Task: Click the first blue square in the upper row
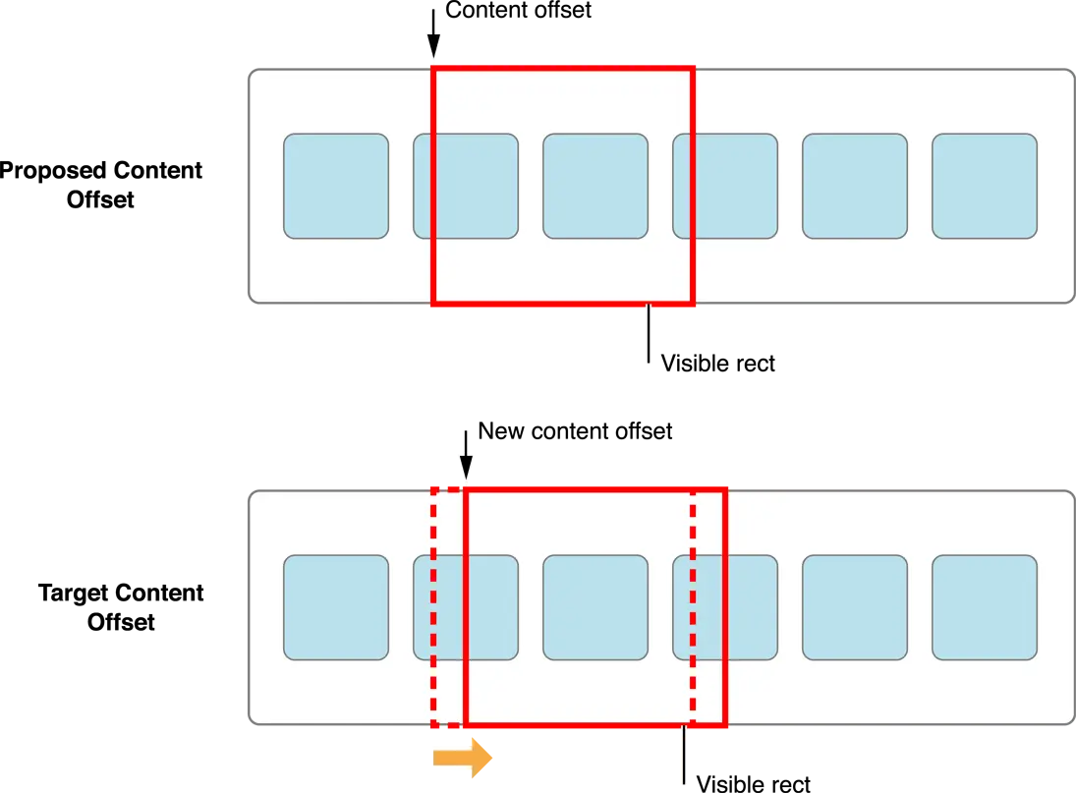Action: coord(336,186)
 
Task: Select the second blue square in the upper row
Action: coord(465,186)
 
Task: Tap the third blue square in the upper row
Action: coord(595,186)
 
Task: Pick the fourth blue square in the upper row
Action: coord(725,186)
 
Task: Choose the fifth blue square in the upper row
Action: coord(855,186)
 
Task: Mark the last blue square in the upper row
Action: coord(985,186)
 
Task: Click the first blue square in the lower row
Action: coord(336,607)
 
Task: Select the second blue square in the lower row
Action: coord(465,607)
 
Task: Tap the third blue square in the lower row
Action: coord(595,607)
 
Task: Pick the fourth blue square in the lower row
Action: coord(725,607)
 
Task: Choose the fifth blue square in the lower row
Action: coord(855,607)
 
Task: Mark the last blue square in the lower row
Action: coord(985,607)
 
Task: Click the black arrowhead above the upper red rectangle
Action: coord(432,49)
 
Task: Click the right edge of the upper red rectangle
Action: coord(694,186)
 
